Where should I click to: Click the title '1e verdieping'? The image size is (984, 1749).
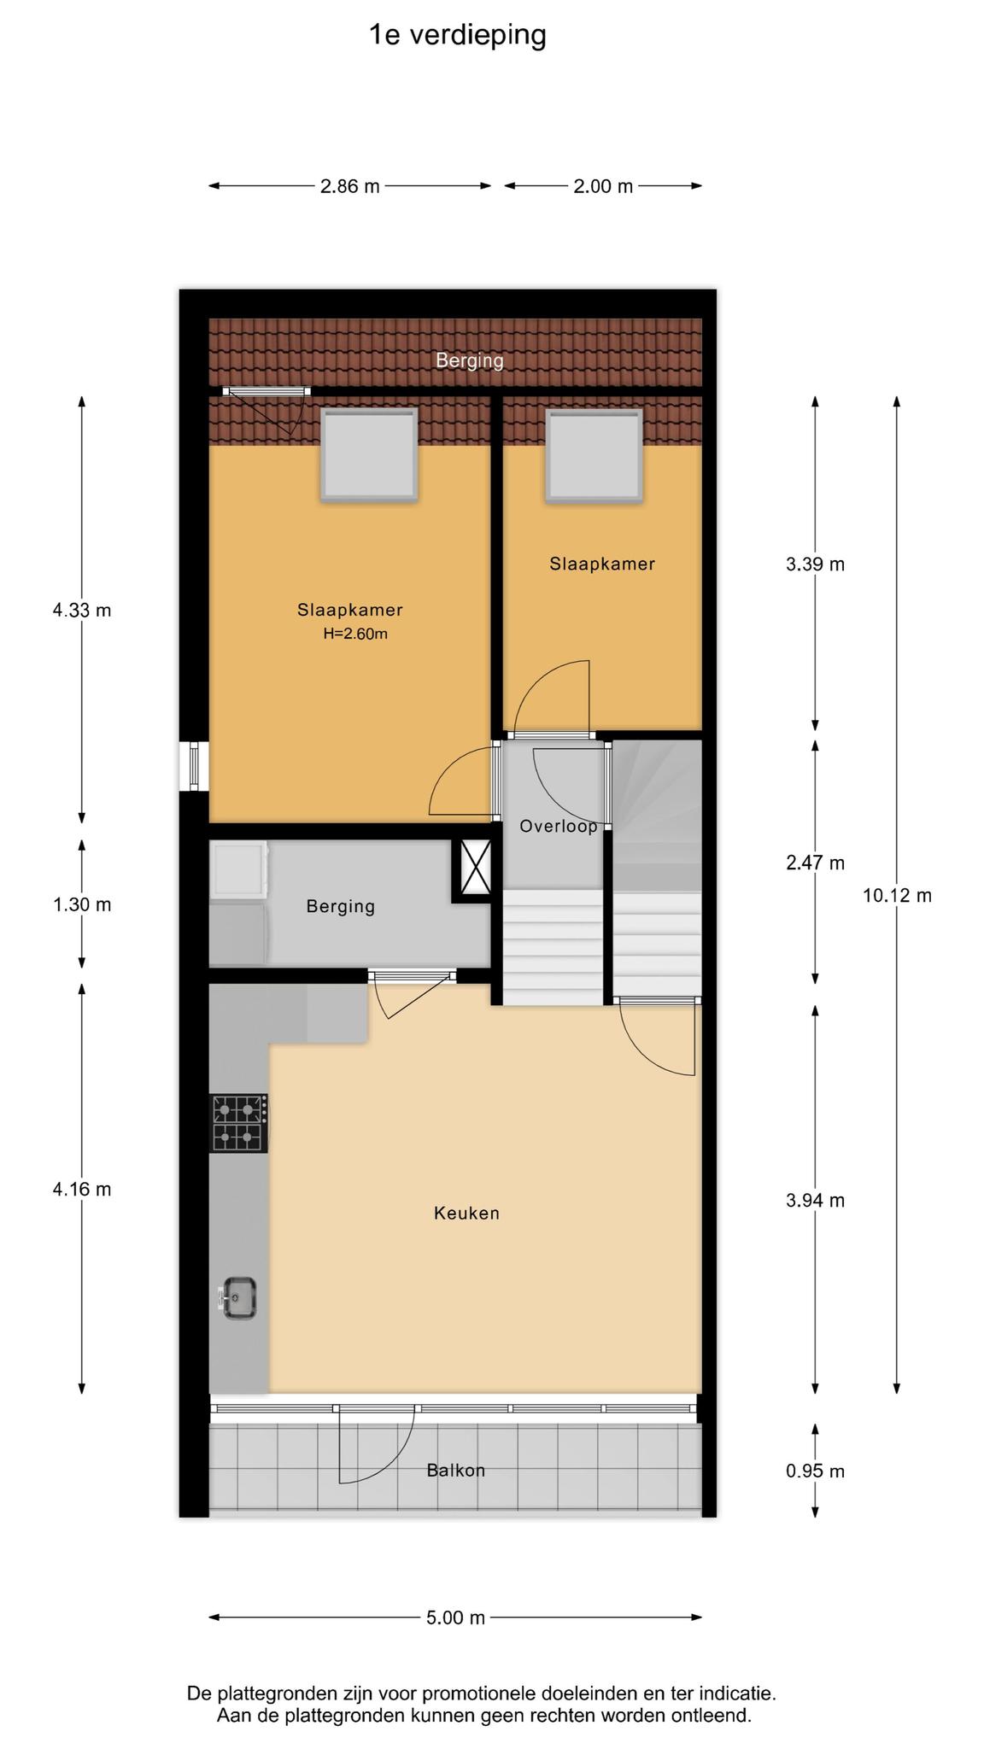[457, 36]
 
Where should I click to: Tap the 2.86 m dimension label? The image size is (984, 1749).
[349, 186]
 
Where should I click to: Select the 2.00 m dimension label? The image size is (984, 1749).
[603, 186]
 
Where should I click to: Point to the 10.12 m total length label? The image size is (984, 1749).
[897, 895]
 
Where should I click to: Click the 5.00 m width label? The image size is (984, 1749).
[455, 1617]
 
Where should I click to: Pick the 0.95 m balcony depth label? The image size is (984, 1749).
[815, 1471]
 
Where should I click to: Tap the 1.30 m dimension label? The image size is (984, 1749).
[82, 904]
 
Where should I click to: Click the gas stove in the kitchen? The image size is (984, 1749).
[238, 1123]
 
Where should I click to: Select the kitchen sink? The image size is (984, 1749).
[238, 1298]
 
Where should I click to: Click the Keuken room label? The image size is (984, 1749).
[466, 1213]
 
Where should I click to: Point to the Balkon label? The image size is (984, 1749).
[456, 1470]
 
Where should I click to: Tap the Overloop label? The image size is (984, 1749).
[559, 826]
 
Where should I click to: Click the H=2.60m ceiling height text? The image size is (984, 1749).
[355, 634]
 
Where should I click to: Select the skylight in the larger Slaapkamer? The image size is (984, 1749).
[369, 454]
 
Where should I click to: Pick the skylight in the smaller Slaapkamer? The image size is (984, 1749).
[594, 455]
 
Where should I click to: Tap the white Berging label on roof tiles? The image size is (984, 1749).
[470, 360]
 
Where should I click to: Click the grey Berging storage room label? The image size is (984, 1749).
[341, 906]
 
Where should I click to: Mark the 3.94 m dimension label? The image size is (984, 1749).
[815, 1201]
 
